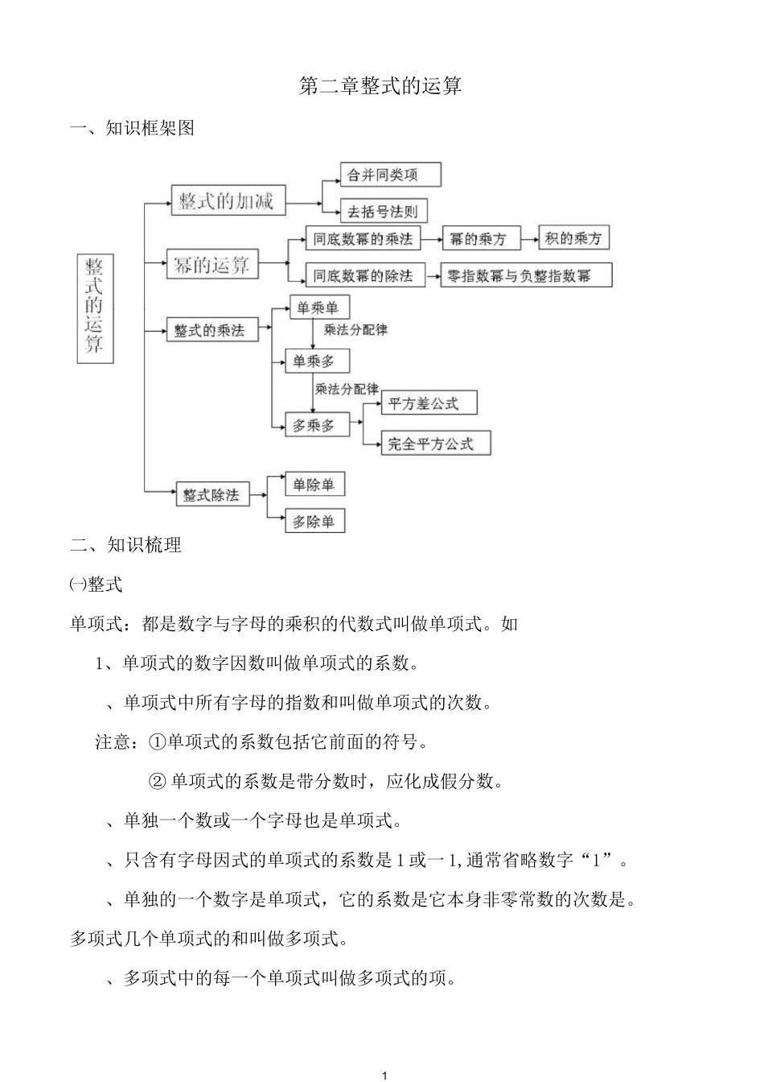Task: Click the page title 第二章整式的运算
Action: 380,87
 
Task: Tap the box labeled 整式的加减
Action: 228,200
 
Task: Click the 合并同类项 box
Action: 390,175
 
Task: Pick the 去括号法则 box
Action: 383,212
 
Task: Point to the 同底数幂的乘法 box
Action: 363,238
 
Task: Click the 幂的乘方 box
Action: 478,238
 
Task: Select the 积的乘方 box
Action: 573,237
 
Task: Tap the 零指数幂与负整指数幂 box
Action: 526,275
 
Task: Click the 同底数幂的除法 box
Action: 363,275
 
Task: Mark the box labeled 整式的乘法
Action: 212,330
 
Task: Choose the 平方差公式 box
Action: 428,403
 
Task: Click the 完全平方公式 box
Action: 434,443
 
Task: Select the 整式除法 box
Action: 212,494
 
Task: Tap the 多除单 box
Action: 314,521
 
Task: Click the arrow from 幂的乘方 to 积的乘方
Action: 528,238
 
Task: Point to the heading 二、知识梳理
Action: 126,545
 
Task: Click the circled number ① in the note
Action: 158,741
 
